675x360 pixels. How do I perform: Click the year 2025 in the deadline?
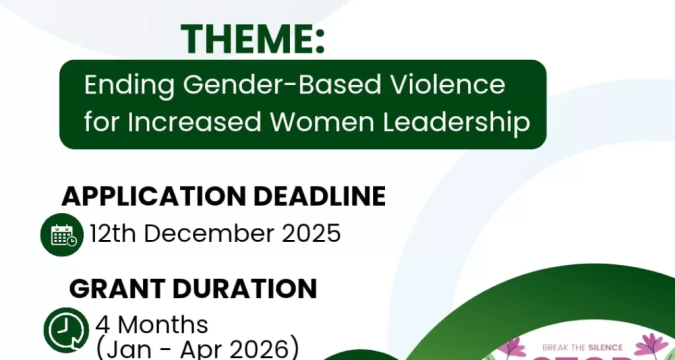309,235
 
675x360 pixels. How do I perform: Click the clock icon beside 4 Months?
65,329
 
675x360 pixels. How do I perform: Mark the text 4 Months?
152,325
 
